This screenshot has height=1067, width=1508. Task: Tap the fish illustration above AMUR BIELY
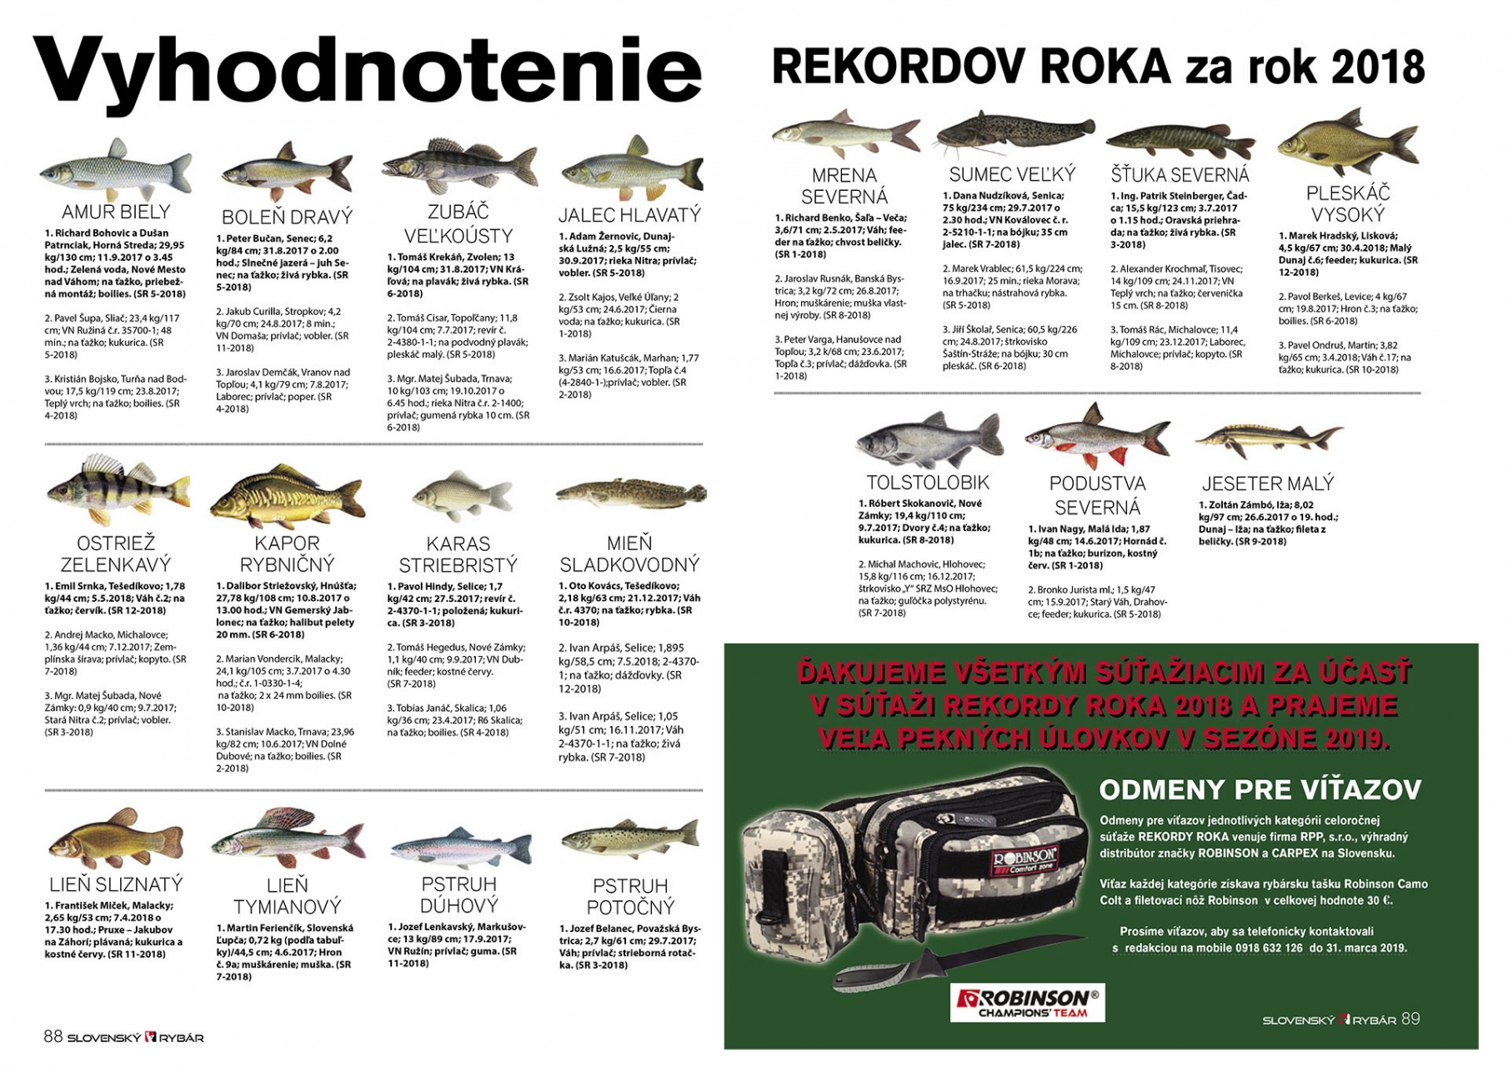coord(115,171)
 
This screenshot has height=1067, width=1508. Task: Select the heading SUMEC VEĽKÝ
coord(1012,174)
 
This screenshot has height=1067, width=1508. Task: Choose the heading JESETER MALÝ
coord(1267,483)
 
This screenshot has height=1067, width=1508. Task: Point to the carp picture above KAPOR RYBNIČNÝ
coord(287,498)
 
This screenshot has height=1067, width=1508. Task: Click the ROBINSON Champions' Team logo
coord(1027,1002)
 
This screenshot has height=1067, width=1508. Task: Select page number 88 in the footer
coord(53,1036)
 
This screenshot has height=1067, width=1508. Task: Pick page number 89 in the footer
coord(1410,1019)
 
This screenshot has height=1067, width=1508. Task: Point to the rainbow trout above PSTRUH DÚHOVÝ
coord(459,848)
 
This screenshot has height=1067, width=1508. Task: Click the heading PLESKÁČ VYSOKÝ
coord(1348,203)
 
